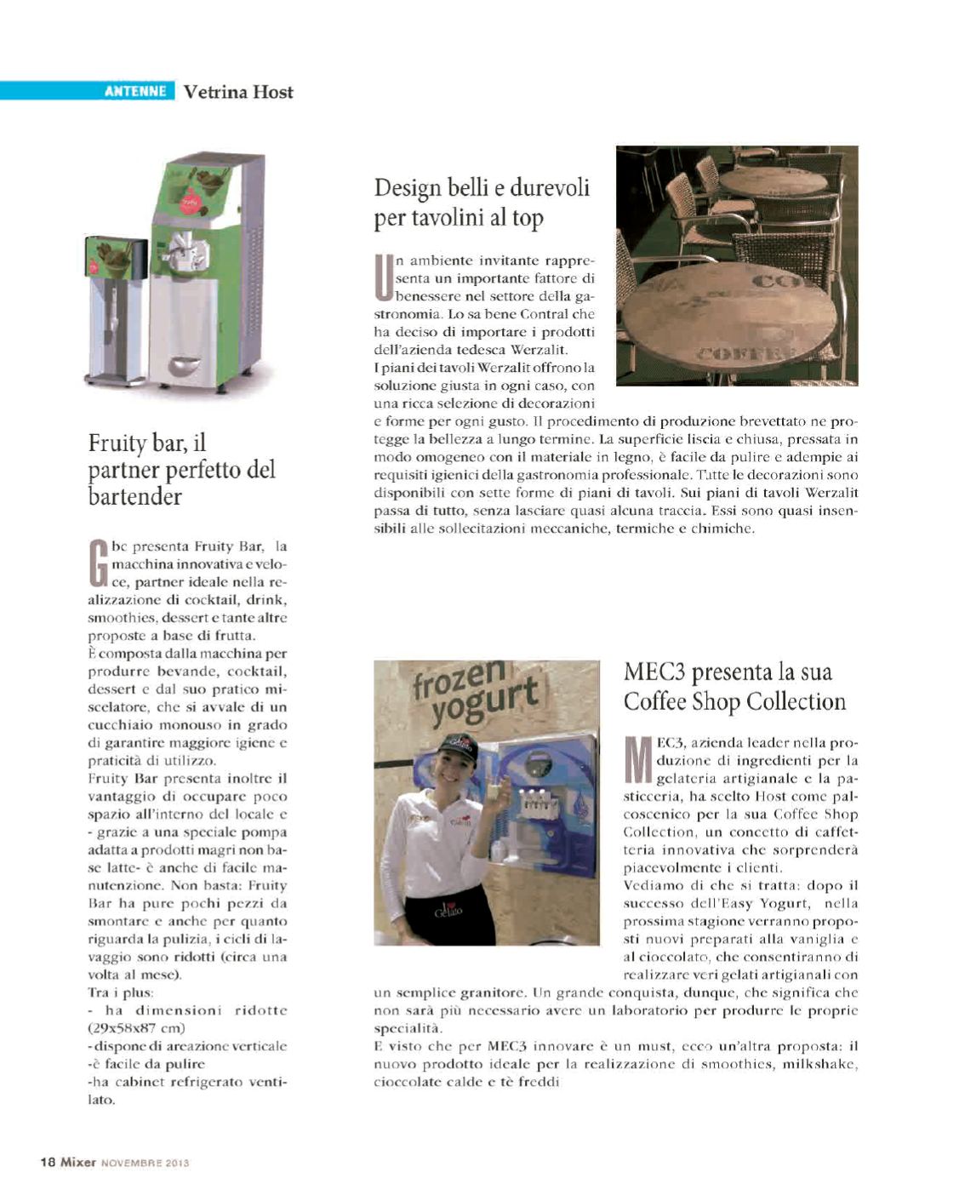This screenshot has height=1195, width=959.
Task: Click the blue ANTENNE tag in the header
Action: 134,91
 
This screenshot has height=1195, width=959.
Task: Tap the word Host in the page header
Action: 272,92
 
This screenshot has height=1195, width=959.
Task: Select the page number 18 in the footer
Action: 48,1162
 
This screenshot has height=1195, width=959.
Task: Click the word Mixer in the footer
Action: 78,1162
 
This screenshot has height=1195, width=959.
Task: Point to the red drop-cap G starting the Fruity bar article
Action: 99,563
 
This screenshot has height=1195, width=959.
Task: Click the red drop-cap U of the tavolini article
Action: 384,278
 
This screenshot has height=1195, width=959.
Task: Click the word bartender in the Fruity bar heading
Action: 134,496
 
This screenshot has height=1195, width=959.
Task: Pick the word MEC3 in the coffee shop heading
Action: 654,672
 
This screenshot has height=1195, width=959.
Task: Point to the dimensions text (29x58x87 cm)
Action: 136,1028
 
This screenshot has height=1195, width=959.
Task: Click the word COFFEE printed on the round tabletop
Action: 745,352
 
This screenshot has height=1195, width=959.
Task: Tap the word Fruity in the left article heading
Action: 117,443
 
